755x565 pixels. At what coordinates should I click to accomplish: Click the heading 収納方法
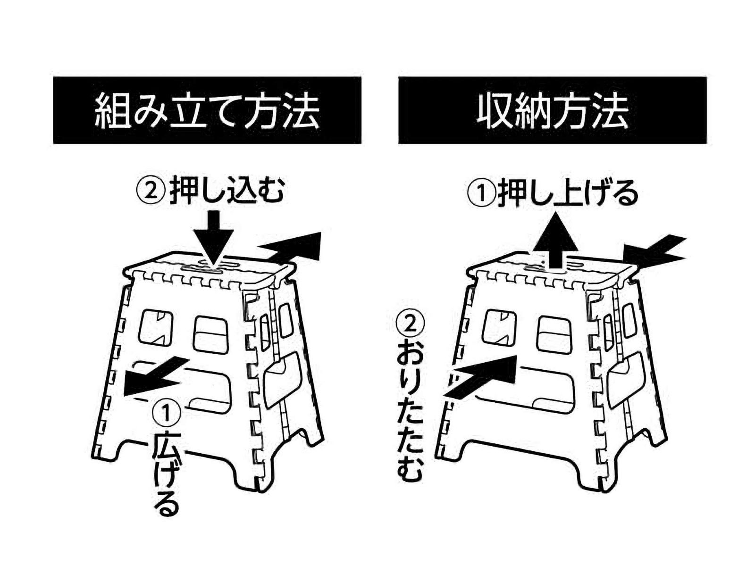click(553, 111)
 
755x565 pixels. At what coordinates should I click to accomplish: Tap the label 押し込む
click(226, 191)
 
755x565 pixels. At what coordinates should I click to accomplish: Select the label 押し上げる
click(568, 193)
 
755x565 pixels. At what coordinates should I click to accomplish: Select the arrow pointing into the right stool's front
click(481, 375)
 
